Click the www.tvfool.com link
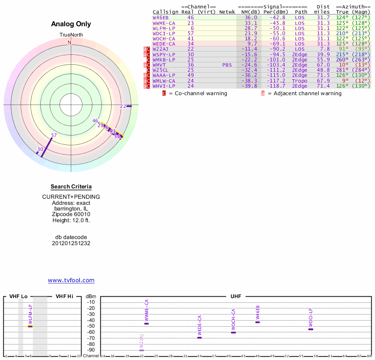click(x=71, y=280)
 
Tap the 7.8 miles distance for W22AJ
click(x=325, y=49)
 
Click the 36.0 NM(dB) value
click(x=251, y=17)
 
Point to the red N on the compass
click(x=70, y=43)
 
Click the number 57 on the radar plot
click(x=54, y=135)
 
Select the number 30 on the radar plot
click(x=40, y=149)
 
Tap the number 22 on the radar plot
click(x=123, y=106)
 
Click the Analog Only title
click(x=71, y=24)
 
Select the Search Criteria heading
click(x=71, y=187)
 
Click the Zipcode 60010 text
click(x=71, y=214)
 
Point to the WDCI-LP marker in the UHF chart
click(x=310, y=329)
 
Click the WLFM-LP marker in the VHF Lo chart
click(x=30, y=326)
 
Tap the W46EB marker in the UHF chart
click(x=257, y=322)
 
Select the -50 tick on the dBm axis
click(x=91, y=326)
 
